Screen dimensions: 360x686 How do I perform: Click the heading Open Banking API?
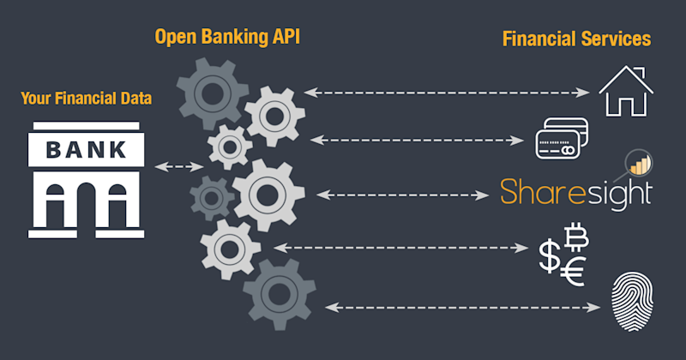pos(228,39)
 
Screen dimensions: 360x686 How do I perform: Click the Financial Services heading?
pos(576,39)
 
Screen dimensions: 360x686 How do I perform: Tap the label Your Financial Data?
pos(87,99)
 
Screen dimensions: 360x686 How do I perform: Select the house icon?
pos(626,89)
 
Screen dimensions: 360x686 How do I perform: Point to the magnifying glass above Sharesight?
pos(639,160)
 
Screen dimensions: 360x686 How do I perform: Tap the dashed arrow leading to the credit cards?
pos(418,138)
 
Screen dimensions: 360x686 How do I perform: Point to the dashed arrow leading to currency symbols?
pos(401,249)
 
